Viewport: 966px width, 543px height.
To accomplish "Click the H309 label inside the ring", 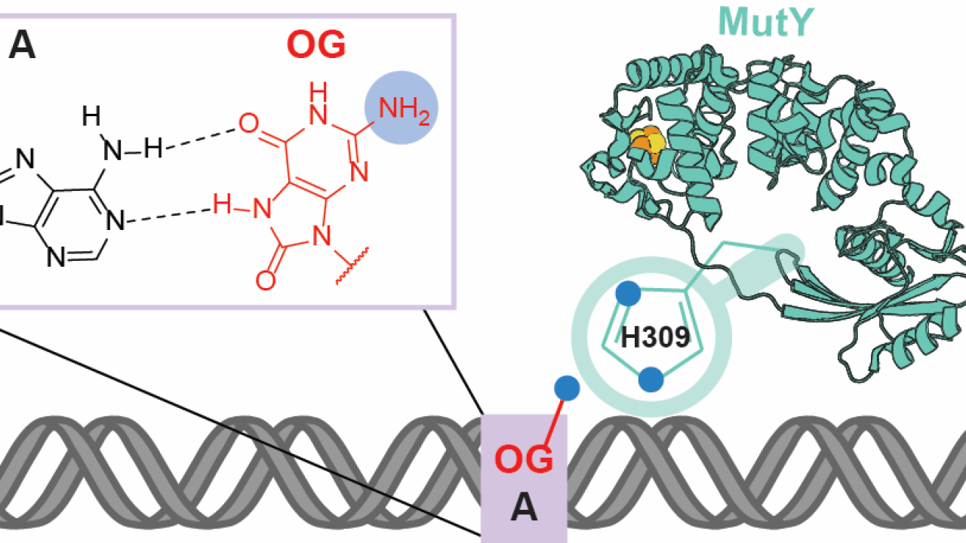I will click(655, 338).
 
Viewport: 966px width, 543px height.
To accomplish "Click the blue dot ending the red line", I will click(567, 388).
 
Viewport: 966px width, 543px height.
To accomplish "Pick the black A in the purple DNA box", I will click(524, 510).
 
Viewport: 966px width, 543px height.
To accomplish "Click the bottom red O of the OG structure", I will click(265, 280).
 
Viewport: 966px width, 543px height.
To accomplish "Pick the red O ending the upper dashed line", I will click(249, 123).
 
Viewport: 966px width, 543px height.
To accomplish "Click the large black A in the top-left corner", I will click(22, 48).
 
